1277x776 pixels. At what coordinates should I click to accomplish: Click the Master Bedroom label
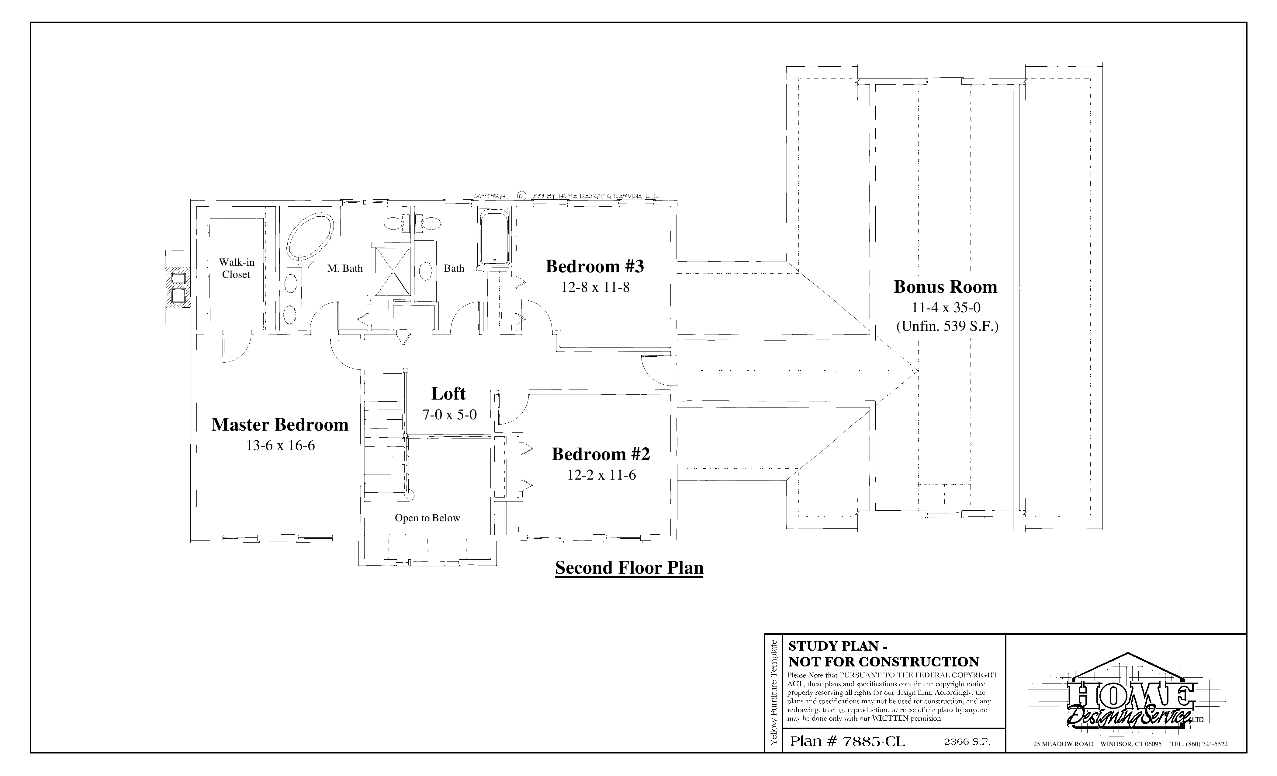(280, 425)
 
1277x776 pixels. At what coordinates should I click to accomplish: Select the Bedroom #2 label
(601, 454)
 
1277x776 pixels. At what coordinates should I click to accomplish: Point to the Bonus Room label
(945, 287)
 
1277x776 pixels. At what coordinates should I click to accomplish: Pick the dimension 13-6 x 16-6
(280, 446)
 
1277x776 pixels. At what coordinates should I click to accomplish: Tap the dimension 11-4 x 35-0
(946, 308)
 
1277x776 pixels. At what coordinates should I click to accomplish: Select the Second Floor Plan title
(629, 568)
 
